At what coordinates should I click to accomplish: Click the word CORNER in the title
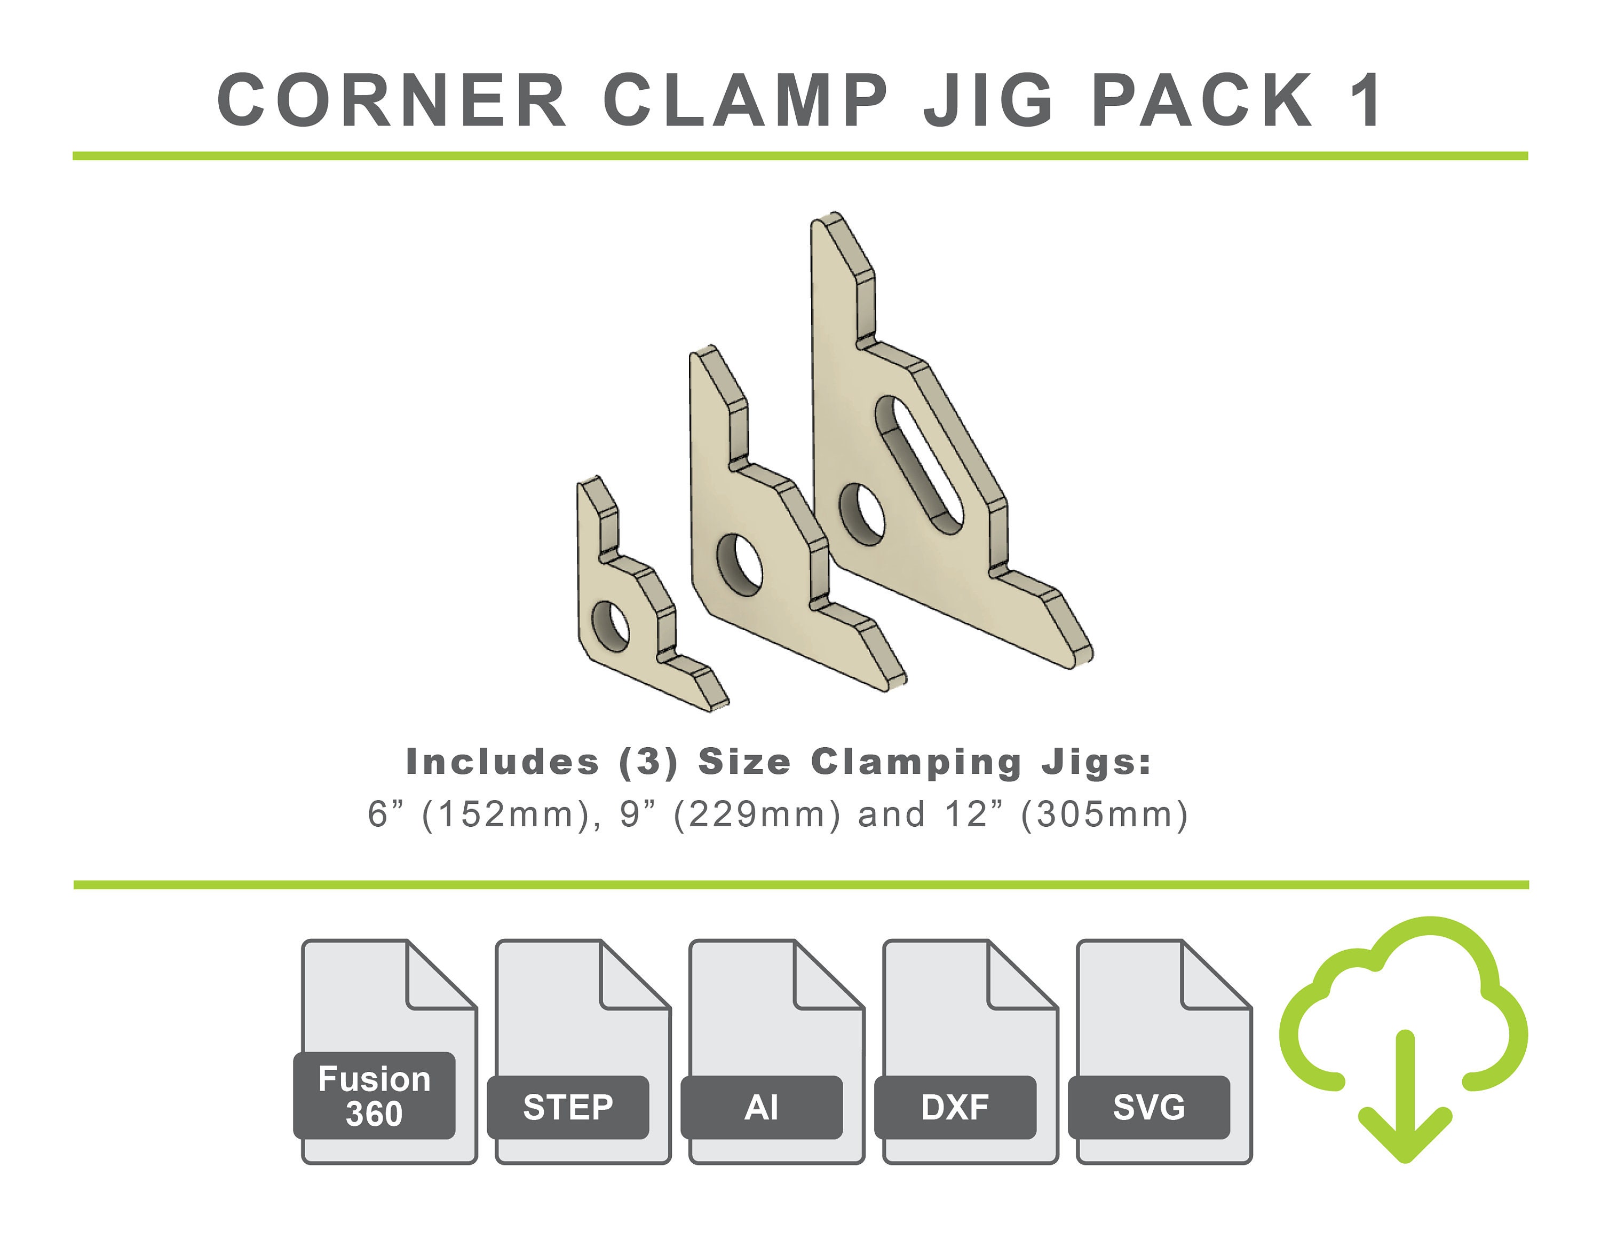(x=392, y=100)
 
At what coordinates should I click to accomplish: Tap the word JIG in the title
(x=989, y=100)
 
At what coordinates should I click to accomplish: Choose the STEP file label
(x=568, y=1107)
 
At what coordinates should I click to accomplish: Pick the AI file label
(x=762, y=1107)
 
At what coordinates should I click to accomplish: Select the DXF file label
(x=955, y=1107)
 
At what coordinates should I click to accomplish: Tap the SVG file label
(x=1148, y=1107)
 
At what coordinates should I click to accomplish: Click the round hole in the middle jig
(x=740, y=564)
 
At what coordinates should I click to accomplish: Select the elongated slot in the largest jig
(x=918, y=464)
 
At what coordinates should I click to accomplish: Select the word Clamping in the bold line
(x=916, y=763)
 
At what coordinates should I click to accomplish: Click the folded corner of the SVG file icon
(x=1213, y=975)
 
